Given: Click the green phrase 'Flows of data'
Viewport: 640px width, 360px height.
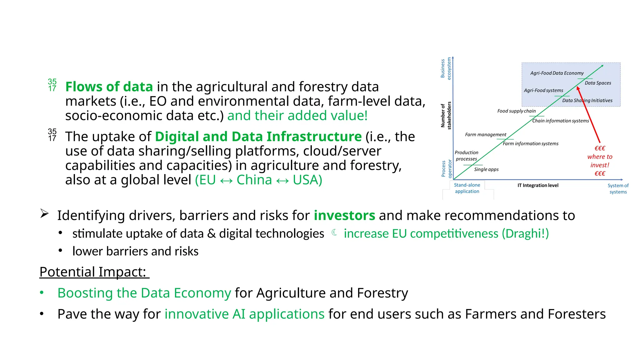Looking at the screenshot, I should (109, 87).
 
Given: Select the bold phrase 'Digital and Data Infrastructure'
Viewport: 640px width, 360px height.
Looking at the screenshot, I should (258, 137).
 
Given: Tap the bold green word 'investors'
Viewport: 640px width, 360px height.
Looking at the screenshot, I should (344, 216).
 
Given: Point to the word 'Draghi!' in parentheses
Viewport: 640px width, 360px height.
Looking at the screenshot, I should (525, 234).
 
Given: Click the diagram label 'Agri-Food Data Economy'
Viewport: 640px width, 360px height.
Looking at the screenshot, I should (557, 73).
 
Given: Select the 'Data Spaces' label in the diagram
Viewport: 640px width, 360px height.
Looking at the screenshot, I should (597, 83).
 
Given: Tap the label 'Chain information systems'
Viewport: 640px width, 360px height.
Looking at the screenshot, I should (560, 121).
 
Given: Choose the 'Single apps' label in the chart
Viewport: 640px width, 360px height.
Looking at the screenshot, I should (486, 169).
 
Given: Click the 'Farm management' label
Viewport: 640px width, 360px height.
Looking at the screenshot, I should (485, 135).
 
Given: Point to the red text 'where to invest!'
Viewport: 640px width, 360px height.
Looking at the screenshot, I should (599, 161).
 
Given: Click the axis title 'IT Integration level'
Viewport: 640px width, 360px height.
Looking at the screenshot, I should (537, 186).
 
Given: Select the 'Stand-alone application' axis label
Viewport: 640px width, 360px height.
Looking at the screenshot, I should (467, 188).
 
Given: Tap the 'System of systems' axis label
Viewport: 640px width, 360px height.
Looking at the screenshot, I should (617, 189).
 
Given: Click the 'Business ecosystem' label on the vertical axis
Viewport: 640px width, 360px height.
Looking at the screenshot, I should (446, 68).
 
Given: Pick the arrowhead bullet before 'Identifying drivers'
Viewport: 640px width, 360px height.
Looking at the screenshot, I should (44, 214).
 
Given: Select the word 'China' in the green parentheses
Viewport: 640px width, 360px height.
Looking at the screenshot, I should (254, 180).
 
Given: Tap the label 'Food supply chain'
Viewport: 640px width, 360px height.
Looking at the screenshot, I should (516, 111).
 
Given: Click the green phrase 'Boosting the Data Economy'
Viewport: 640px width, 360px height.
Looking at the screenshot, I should (144, 293).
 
